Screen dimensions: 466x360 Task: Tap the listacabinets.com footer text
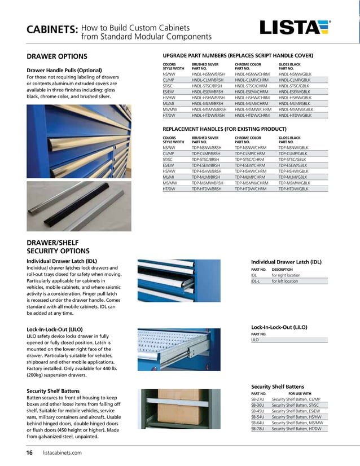(x=62, y=452)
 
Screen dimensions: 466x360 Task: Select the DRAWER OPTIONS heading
(x=57, y=56)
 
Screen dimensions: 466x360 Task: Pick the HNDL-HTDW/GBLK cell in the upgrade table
(x=295, y=115)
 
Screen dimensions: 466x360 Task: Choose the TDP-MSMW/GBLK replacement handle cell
(x=294, y=183)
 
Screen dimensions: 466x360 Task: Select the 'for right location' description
(x=285, y=275)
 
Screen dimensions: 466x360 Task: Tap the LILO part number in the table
(x=255, y=340)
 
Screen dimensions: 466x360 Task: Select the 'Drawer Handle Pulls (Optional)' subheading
(x=64, y=70)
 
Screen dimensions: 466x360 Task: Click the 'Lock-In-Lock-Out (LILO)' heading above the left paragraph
(x=55, y=328)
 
